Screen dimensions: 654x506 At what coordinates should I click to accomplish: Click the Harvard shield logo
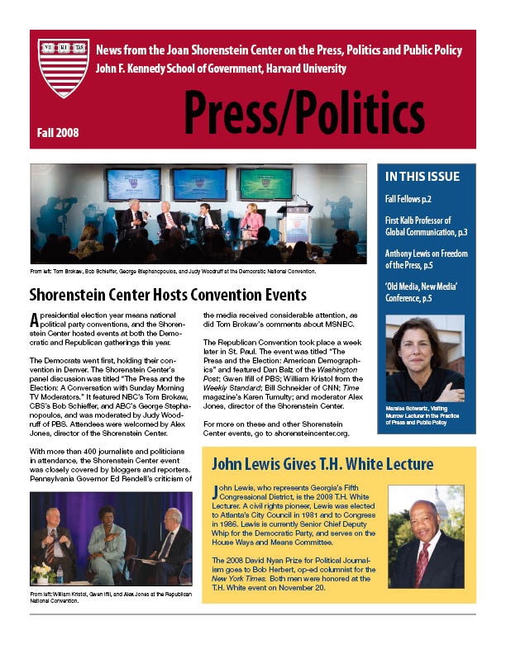pyautogui.click(x=63, y=69)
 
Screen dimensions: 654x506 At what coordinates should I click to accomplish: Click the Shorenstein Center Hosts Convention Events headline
pyautogui.click(x=168, y=295)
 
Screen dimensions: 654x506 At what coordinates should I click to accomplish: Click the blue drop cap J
pyautogui.click(x=216, y=492)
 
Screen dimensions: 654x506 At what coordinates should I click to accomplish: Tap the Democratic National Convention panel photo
pyautogui.click(x=198, y=213)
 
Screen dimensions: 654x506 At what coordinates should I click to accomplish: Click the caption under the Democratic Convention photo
pyautogui.click(x=173, y=271)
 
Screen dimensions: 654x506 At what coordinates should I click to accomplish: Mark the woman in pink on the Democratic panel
pyautogui.click(x=252, y=218)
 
